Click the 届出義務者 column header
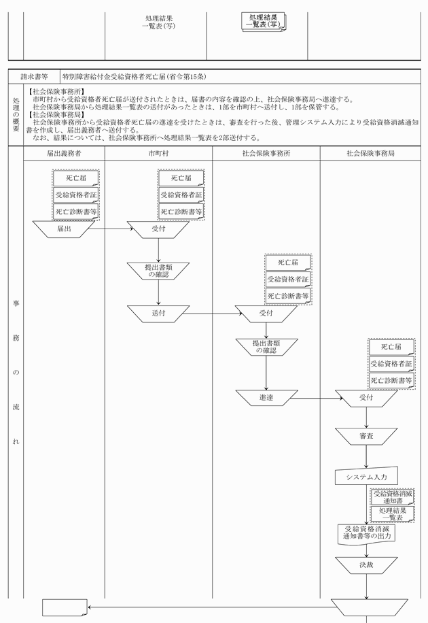[64, 154]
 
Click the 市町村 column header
[158, 154]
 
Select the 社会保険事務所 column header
[266, 154]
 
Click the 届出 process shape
[64, 229]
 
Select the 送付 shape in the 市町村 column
[158, 314]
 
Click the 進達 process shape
[266, 398]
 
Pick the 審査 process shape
[365, 435]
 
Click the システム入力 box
[365, 477]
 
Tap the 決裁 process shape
[365, 565]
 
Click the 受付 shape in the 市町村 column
[158, 229]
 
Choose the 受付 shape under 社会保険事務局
[365, 398]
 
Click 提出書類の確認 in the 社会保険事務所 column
[266, 347]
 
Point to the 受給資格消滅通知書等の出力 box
[365, 532]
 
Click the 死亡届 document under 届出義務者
[75, 178]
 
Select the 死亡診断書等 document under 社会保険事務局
[391, 380]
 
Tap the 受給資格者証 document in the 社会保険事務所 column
[287, 279]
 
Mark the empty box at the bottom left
[64, 607]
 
